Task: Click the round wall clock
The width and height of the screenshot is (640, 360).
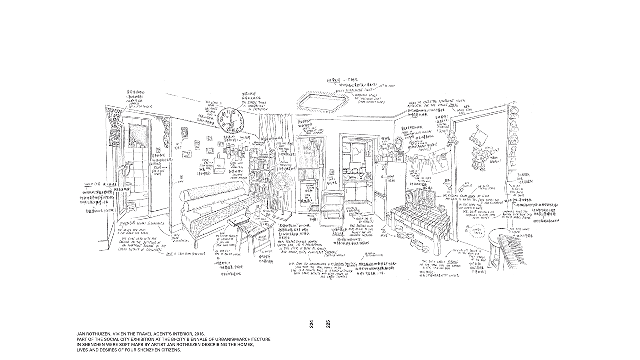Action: pos(230,119)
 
